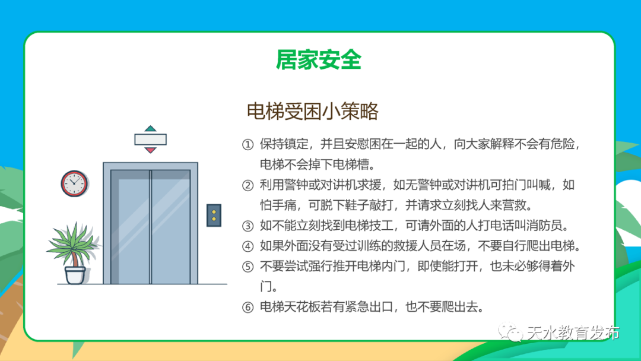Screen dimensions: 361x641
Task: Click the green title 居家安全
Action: tap(319, 61)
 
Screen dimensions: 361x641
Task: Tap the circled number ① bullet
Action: tap(247, 144)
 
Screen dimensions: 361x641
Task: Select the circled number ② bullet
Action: tap(247, 185)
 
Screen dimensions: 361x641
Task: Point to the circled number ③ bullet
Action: tap(247, 226)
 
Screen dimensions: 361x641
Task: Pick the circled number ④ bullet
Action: tap(247, 246)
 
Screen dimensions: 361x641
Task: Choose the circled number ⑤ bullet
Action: tap(247, 267)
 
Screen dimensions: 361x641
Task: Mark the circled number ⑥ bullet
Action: tap(247, 308)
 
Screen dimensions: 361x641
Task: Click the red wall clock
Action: tap(74, 183)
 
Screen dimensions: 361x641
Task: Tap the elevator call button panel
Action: tap(214, 215)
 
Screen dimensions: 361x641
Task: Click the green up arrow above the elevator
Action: tap(150, 128)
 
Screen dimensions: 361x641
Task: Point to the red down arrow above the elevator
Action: tap(150, 150)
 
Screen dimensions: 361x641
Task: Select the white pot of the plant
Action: tap(75, 274)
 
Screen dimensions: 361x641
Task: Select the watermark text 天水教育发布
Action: tap(573, 333)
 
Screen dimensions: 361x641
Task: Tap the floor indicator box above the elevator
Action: tap(150, 139)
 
